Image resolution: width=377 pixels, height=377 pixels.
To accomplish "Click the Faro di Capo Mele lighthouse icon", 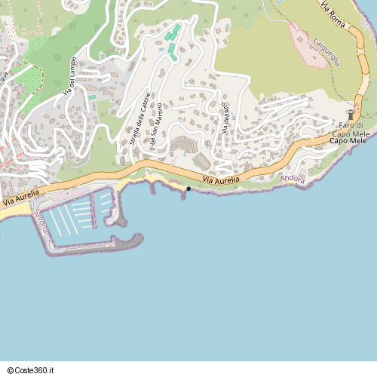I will tap(350, 114).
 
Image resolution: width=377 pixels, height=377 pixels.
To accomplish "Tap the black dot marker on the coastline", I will tap(188, 188).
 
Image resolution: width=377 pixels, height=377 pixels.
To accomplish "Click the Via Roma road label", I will tap(336, 15).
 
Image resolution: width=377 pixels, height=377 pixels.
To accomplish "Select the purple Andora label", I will tap(293, 179).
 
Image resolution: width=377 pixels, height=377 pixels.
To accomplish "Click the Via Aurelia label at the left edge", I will tap(20, 200).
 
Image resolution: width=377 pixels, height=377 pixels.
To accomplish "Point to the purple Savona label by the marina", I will tap(42, 222).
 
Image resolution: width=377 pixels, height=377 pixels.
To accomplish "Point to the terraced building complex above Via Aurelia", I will tap(183, 143).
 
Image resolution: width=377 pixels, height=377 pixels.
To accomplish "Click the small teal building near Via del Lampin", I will tap(92, 97).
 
